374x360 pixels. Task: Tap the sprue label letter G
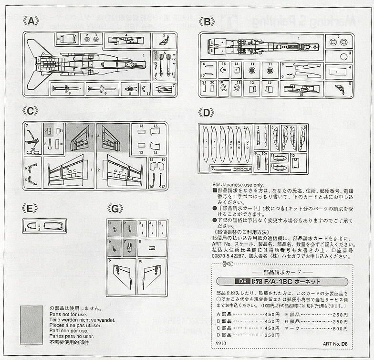pos(115,209)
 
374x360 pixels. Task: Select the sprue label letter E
pos(30,209)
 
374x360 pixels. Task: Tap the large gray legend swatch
pos(33,325)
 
